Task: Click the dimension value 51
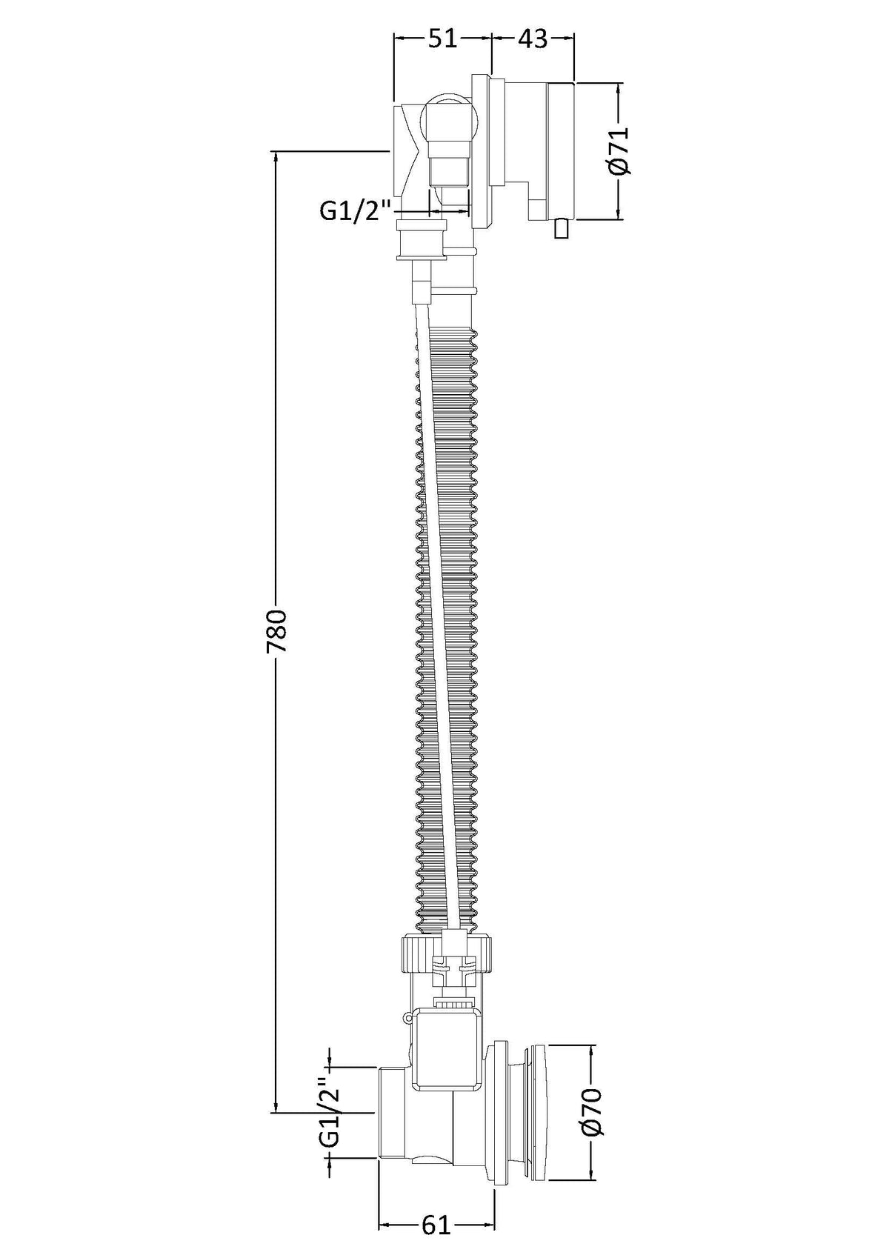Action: [x=442, y=39]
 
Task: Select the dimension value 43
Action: [x=532, y=39]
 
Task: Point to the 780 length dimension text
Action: [x=276, y=629]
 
